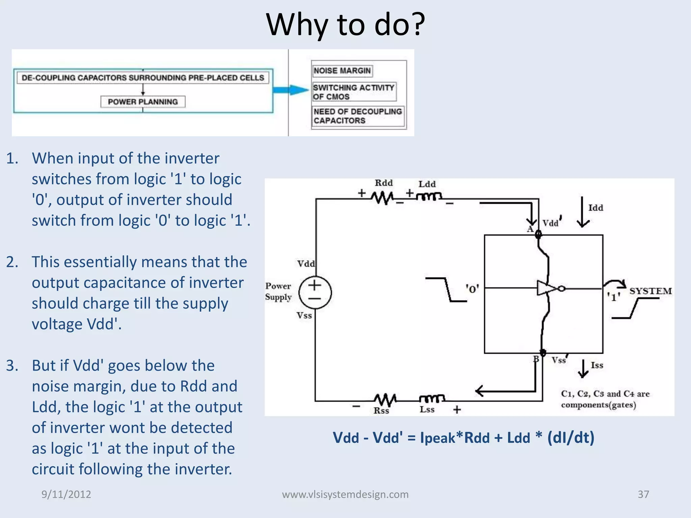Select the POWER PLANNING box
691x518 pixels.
[x=143, y=102]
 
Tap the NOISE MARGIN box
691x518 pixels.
[x=342, y=71]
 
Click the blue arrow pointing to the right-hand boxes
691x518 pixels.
[x=291, y=90]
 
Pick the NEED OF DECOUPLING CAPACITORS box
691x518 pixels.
[x=358, y=116]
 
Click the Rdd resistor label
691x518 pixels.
[x=384, y=183]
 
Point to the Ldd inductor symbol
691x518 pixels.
[x=429, y=196]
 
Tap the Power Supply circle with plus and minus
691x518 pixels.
[x=315, y=292]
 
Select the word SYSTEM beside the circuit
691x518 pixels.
[x=651, y=291]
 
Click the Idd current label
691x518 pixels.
[x=596, y=208]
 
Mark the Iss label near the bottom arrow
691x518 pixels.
[x=597, y=365]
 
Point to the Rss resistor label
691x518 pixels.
[x=381, y=411]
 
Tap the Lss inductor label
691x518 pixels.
[x=427, y=410]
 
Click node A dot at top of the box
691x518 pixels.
[x=538, y=234]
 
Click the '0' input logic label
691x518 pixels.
[x=472, y=289]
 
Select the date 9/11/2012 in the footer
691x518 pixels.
[x=66, y=494]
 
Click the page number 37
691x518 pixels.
[x=643, y=494]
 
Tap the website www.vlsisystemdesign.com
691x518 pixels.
[x=345, y=494]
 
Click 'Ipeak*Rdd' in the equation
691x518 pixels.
[x=454, y=438]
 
